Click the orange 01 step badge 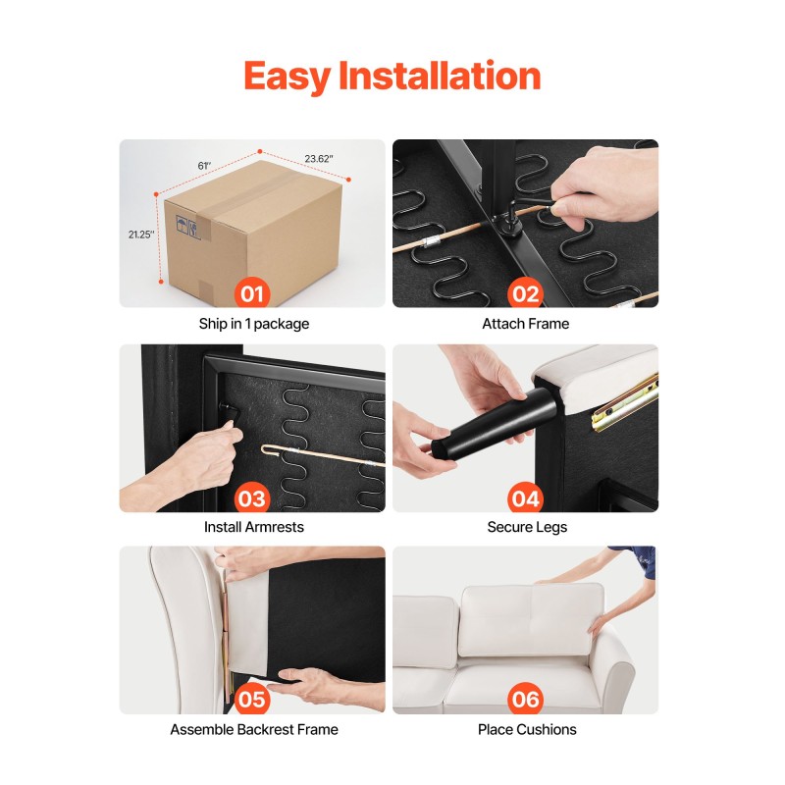pyautogui.click(x=252, y=293)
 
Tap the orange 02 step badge pyautogui.click(x=525, y=293)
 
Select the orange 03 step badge pyautogui.click(x=252, y=498)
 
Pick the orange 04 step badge pyautogui.click(x=525, y=498)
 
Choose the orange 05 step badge pyautogui.click(x=252, y=700)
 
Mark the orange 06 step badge pyautogui.click(x=525, y=700)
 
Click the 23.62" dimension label pyautogui.click(x=318, y=159)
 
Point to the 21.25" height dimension pyautogui.click(x=141, y=235)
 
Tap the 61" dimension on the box pyautogui.click(x=204, y=166)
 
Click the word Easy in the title pyautogui.click(x=287, y=77)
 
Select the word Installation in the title pyautogui.click(x=440, y=76)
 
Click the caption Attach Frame pyautogui.click(x=526, y=324)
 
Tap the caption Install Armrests pyautogui.click(x=254, y=527)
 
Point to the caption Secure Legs pyautogui.click(x=527, y=527)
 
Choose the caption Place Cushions pyautogui.click(x=527, y=729)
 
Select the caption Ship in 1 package pyautogui.click(x=254, y=324)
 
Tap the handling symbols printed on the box pyautogui.click(x=187, y=227)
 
